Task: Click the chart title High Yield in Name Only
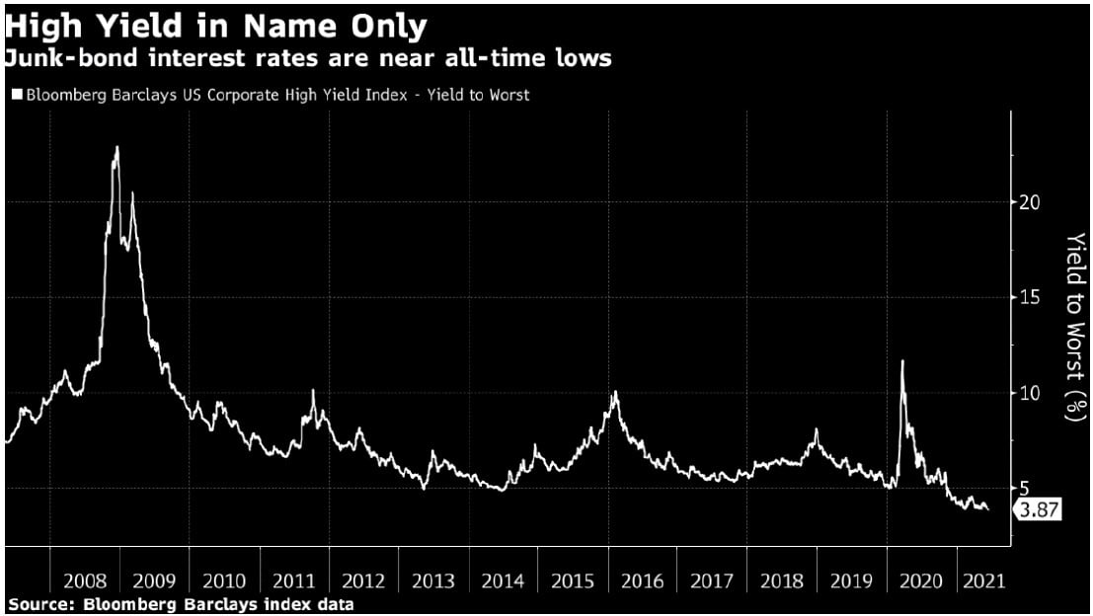[x=215, y=24]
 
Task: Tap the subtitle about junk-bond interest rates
[x=307, y=58]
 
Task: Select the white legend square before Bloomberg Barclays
[x=17, y=95]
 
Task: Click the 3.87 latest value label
[x=1037, y=509]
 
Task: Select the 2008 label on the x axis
[x=85, y=581]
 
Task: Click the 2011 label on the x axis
[x=294, y=581]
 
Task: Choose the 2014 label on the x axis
[x=504, y=581]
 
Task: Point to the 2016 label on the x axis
[x=643, y=581]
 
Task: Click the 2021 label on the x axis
[x=984, y=581]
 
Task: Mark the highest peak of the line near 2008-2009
[x=117, y=147]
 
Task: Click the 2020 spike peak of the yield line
[x=901, y=361]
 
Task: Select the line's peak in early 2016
[x=615, y=393]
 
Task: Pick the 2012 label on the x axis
[x=364, y=581]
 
